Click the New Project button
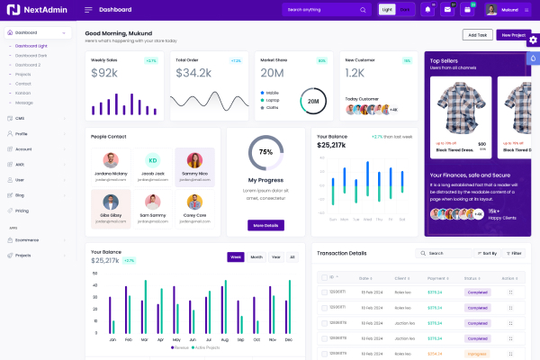(512, 35)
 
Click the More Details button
(265, 225)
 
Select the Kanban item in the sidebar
(23, 93)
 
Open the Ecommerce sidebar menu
(27, 239)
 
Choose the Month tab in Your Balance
(256, 256)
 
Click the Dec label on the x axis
(288, 340)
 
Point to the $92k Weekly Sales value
(104, 73)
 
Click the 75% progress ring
(265, 152)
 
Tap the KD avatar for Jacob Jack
(153, 160)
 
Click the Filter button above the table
(514, 254)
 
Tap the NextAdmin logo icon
(13, 9)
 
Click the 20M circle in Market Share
(313, 101)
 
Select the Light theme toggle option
(387, 9)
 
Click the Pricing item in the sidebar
(22, 211)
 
